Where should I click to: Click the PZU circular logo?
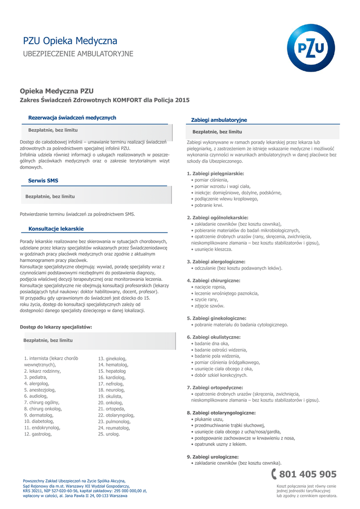311,48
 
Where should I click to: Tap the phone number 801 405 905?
308,474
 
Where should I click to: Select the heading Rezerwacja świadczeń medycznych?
72,118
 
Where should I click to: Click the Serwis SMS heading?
43,180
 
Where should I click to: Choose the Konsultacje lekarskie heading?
56,229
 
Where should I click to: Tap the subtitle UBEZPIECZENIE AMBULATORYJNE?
78,53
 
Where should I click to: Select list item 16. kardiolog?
112,378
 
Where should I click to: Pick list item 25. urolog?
109,434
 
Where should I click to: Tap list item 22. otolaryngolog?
116,415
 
